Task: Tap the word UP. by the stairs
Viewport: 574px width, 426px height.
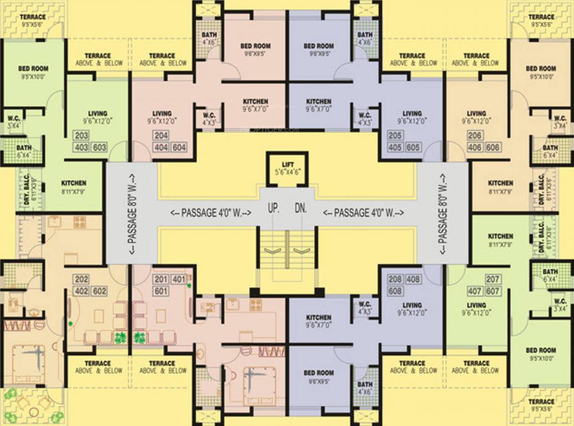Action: [x=273, y=209]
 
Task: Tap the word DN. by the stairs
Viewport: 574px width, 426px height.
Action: [x=301, y=209]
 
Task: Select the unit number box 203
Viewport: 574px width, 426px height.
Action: [x=81, y=136]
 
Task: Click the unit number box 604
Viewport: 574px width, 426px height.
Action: [x=179, y=148]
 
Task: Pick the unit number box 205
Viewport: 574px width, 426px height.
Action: [x=394, y=136]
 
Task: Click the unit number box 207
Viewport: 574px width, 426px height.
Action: [x=493, y=279]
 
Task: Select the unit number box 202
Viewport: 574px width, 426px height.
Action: [x=81, y=279]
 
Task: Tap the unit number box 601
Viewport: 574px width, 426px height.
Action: [x=161, y=291]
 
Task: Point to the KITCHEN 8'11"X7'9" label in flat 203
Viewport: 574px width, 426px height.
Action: [x=74, y=186]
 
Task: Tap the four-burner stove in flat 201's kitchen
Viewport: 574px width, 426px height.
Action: [x=255, y=304]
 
